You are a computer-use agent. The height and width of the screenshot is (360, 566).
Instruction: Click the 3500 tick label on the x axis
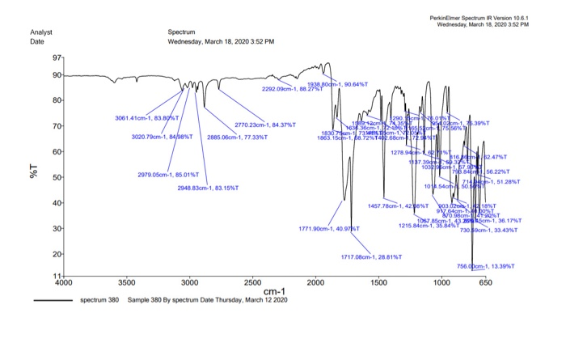(x=126, y=284)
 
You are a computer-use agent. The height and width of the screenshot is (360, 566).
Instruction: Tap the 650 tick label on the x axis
(x=484, y=284)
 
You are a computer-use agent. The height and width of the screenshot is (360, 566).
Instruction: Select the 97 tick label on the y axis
(x=56, y=59)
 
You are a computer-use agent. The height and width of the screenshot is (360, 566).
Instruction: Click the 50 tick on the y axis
(x=62, y=177)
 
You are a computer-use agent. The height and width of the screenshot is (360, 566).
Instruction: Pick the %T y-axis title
(x=36, y=171)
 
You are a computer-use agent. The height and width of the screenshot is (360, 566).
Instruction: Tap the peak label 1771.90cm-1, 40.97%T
(x=328, y=229)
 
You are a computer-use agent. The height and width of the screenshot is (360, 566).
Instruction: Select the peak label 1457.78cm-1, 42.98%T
(x=398, y=206)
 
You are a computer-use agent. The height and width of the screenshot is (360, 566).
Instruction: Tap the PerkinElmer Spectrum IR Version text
(x=483, y=17)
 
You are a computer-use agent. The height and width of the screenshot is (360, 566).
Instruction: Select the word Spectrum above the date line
(x=182, y=32)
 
